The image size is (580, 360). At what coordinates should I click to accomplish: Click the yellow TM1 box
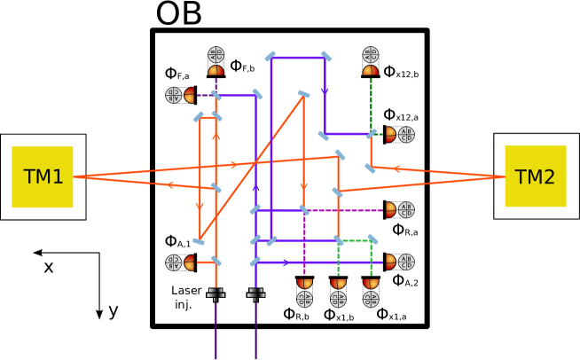coord(43,177)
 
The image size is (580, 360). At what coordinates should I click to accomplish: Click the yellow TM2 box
coord(535,176)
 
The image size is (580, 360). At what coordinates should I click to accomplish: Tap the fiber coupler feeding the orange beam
coord(216,293)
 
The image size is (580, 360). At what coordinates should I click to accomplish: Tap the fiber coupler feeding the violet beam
coord(256,293)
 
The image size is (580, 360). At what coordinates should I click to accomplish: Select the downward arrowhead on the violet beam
coord(325,90)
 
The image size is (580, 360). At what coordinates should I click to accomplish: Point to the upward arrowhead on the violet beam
coord(256,187)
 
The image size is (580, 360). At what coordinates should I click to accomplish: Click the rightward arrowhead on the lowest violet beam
coord(286,262)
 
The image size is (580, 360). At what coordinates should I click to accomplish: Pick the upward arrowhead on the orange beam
coord(216,137)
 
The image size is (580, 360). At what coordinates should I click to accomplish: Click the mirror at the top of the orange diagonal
coord(304,94)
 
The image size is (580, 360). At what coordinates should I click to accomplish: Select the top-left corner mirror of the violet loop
coord(270,57)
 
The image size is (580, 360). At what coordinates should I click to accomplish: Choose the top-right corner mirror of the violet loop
coord(325,57)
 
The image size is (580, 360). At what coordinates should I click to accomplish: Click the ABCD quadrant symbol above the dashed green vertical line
coord(371,54)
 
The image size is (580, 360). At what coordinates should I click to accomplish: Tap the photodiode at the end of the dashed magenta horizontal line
coord(389,210)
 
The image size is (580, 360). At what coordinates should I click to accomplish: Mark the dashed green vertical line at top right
coord(371,102)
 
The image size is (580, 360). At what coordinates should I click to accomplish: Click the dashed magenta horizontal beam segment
coord(346,210)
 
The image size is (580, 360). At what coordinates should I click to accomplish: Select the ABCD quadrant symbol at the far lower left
coord(174,262)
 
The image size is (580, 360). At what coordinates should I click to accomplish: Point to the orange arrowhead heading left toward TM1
coord(169,185)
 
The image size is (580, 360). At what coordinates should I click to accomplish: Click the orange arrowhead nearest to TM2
coord(396,168)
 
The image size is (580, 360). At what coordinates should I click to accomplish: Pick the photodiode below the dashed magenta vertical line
coord(305,284)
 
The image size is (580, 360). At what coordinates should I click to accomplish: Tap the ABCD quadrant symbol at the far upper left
coord(174,95)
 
